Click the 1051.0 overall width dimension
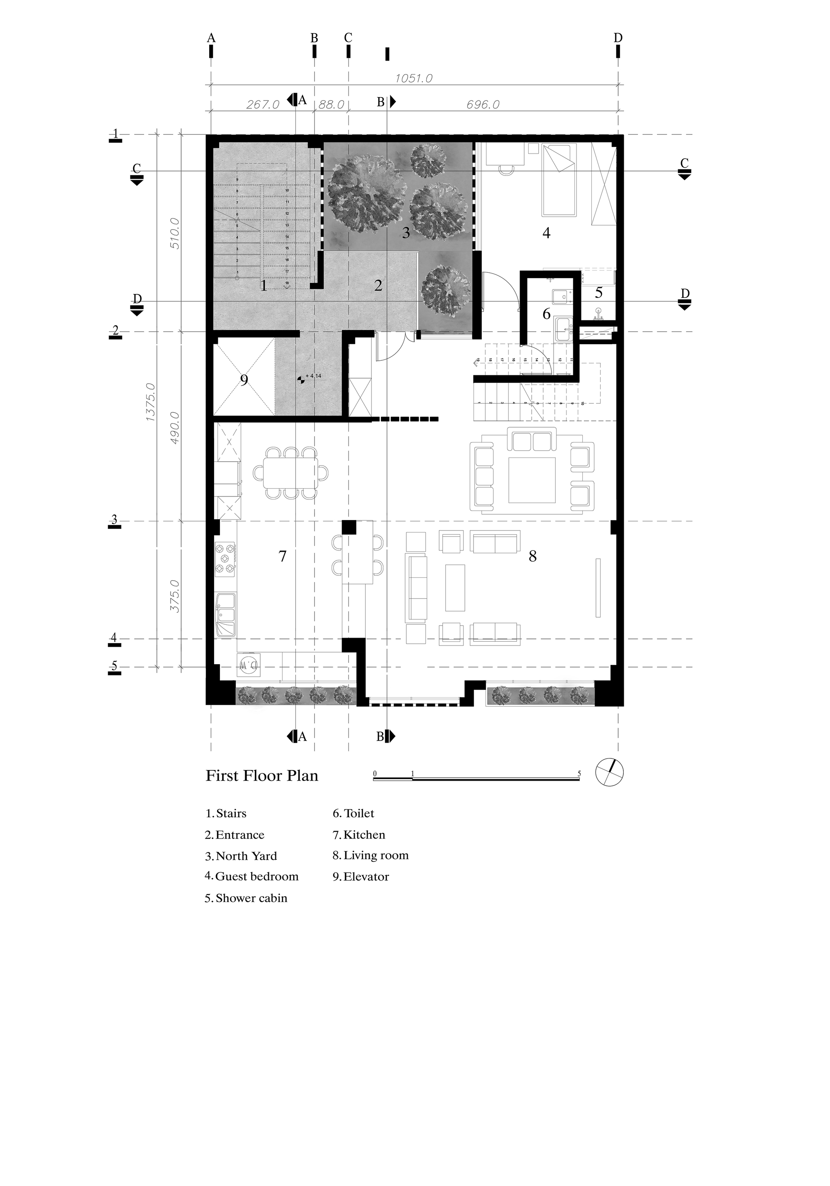point(414,78)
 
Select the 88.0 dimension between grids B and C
point(331,104)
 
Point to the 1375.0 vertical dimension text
point(150,402)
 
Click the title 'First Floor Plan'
point(262,776)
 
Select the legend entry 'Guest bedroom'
point(256,877)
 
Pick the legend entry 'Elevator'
point(366,877)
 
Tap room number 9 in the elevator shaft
point(244,380)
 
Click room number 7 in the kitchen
point(282,556)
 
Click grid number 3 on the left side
point(115,520)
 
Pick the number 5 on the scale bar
point(579,774)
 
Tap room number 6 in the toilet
point(547,314)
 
